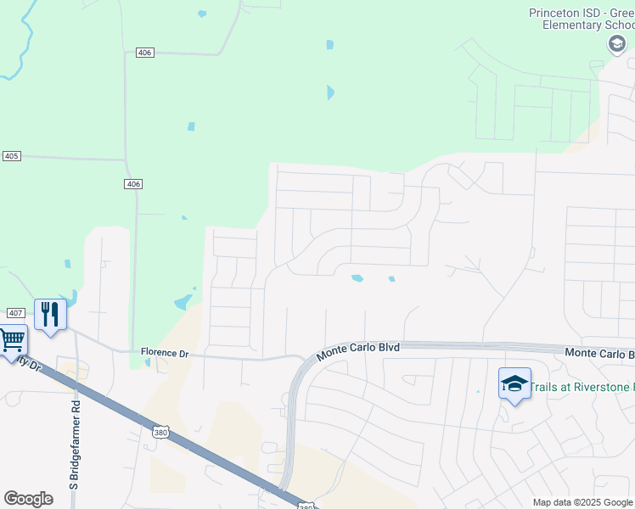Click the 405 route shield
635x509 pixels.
pyautogui.click(x=11, y=156)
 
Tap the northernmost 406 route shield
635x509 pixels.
pyautogui.click(x=144, y=53)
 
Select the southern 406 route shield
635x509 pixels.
pyautogui.click(x=132, y=184)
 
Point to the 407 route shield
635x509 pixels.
pyautogui.click(x=14, y=314)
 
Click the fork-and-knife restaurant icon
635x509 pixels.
pyautogui.click(x=50, y=315)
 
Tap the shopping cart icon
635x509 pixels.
pyautogui.click(x=11, y=341)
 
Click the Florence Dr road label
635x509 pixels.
pyautogui.click(x=164, y=353)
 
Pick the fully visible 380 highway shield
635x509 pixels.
pyautogui.click(x=160, y=433)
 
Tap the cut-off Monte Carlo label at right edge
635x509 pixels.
pyautogui.click(x=599, y=353)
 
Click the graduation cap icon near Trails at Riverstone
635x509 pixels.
pyautogui.click(x=514, y=384)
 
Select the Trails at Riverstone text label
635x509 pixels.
pyautogui.click(x=581, y=387)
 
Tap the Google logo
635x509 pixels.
pyautogui.click(x=28, y=499)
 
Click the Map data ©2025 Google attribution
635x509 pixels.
pyautogui.click(x=582, y=502)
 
